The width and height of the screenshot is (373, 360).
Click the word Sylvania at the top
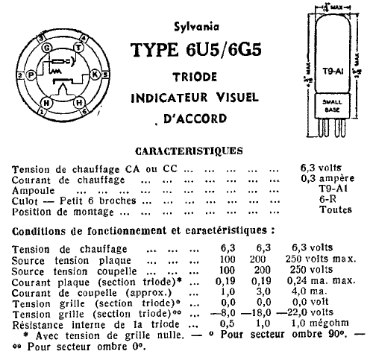click(196, 27)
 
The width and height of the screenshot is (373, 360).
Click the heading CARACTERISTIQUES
click(189, 151)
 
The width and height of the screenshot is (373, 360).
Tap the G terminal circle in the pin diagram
click(46, 48)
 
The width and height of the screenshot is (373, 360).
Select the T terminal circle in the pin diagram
click(78, 47)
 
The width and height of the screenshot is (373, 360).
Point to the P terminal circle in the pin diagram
click(31, 75)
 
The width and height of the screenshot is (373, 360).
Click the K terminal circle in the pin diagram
click(95, 75)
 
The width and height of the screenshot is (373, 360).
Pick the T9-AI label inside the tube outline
click(333, 72)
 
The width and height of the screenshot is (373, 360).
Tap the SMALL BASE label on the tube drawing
click(332, 106)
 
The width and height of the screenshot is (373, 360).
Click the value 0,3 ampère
click(327, 178)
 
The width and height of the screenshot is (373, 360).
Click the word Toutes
click(336, 209)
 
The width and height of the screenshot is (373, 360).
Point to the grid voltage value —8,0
click(223, 312)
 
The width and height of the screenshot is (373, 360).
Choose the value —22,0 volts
click(305, 312)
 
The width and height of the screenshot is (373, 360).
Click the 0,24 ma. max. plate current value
click(321, 280)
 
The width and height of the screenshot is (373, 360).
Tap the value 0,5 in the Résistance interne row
click(228, 323)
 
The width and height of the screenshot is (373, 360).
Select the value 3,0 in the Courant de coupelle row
click(263, 291)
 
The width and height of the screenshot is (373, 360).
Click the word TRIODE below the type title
click(195, 77)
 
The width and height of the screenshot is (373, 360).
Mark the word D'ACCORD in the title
click(195, 119)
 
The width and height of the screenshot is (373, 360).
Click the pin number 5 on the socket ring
click(105, 75)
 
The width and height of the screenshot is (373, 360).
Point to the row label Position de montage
click(63, 212)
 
